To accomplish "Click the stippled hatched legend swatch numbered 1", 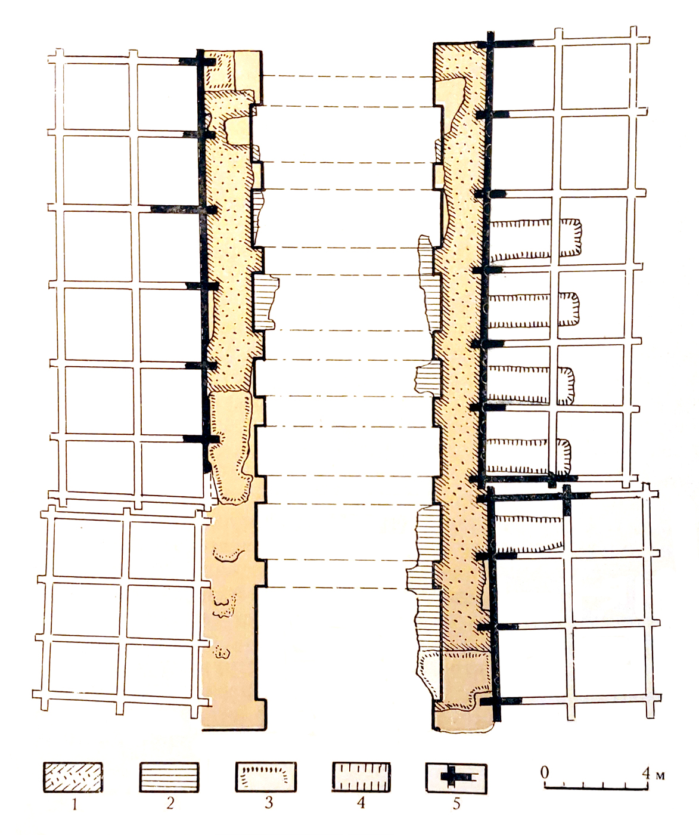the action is pyautogui.click(x=73, y=777).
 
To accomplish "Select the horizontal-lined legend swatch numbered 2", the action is pyautogui.click(x=169, y=777).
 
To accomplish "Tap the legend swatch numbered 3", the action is pyautogui.click(x=266, y=777).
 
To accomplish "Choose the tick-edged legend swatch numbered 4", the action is pyautogui.click(x=361, y=777).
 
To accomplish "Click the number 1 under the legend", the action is pyautogui.click(x=74, y=805).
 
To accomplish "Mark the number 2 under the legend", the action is pyautogui.click(x=170, y=803).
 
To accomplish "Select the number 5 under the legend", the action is pyautogui.click(x=456, y=803).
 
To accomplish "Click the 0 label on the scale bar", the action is pyautogui.click(x=545, y=772).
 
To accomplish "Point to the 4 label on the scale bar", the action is pyautogui.click(x=646, y=773).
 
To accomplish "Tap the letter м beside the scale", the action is pyautogui.click(x=660, y=776).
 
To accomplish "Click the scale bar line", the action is pyautogui.click(x=596, y=788).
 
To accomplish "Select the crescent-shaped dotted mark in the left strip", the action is pyautogui.click(x=228, y=555).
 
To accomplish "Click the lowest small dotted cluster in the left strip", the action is pyautogui.click(x=222, y=653).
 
